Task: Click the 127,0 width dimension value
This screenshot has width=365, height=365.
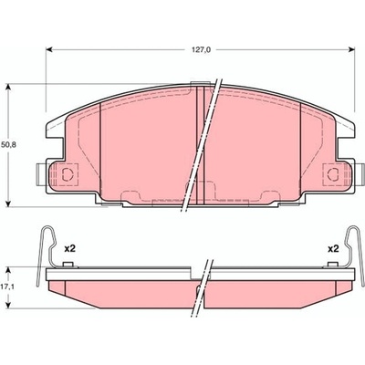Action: pyautogui.click(x=201, y=50)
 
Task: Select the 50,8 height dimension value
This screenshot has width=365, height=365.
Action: pyautogui.click(x=8, y=145)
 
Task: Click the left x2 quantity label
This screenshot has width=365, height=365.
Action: pyautogui.click(x=69, y=249)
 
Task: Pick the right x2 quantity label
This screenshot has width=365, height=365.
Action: pyautogui.click(x=333, y=249)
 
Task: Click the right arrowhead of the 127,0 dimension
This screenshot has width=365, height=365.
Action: pyautogui.click(x=351, y=49)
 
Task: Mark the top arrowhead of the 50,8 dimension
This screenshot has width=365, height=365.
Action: pyautogui.click(x=9, y=88)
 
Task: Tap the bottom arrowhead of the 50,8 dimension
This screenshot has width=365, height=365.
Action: pyautogui.click(x=9, y=203)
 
